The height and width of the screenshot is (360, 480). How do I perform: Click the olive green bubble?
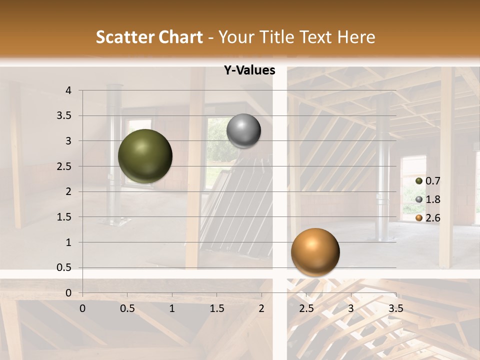(145, 156)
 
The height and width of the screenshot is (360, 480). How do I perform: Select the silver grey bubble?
(243, 131)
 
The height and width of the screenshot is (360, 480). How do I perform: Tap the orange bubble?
(315, 252)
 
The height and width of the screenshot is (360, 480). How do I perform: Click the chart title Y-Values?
(249, 70)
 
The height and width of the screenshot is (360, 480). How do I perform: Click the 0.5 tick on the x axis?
(127, 308)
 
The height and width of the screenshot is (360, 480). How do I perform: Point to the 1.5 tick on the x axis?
(217, 308)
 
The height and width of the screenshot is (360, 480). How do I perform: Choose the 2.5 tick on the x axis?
(306, 308)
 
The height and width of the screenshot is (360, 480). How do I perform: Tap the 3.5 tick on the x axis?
(395, 308)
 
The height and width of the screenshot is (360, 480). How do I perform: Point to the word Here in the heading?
(356, 37)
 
